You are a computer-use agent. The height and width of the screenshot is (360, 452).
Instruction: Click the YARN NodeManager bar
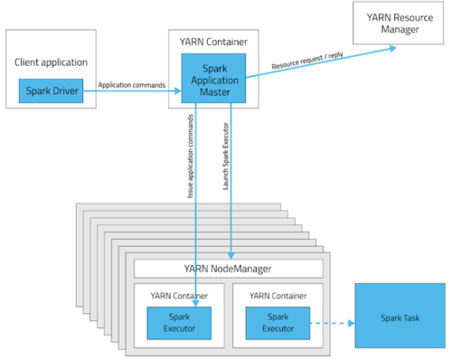coord(228,268)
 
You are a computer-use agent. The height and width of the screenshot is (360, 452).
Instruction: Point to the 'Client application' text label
coord(51,62)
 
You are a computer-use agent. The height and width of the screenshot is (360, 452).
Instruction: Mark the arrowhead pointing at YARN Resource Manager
coord(394,49)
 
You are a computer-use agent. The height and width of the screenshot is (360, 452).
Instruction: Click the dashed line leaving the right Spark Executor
coord(327,322)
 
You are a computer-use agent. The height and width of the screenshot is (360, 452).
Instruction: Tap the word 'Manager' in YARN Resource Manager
coord(399,30)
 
